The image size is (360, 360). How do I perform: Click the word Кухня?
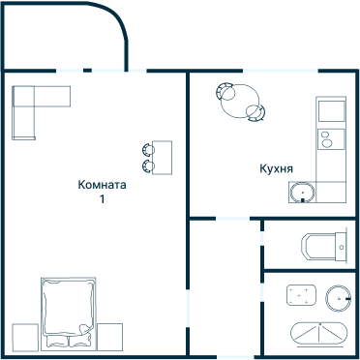[276, 168]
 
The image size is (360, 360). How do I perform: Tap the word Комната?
[102, 185]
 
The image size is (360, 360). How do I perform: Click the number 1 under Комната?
[102, 199]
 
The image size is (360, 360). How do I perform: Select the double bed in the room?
[69, 314]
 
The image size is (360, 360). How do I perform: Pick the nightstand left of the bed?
[25, 337]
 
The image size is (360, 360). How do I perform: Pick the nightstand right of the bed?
[109, 337]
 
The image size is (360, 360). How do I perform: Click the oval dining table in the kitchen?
[240, 101]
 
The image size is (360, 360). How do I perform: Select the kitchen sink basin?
[302, 193]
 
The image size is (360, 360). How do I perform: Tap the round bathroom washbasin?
[338, 298]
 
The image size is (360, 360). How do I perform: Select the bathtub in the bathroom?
[319, 334]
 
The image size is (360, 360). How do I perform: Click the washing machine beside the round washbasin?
[301, 295]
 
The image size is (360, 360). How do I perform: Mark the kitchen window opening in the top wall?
[281, 71]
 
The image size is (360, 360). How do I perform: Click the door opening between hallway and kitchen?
[232, 219]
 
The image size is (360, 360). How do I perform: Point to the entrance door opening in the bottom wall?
[235, 357]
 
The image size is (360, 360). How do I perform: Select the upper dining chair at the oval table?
[225, 91]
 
